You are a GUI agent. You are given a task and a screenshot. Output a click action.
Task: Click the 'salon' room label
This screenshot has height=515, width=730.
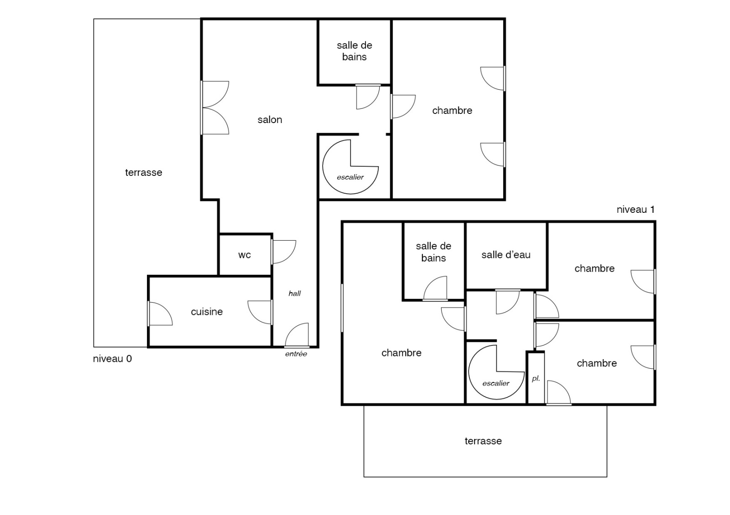pyautogui.click(x=270, y=120)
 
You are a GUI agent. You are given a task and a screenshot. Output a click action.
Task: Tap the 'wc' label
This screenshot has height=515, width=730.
pyautogui.click(x=245, y=255)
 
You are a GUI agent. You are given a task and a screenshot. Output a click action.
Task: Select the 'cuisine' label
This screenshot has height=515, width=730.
pyautogui.click(x=207, y=312)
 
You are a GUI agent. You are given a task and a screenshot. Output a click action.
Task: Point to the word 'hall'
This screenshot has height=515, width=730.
pyautogui.click(x=295, y=294)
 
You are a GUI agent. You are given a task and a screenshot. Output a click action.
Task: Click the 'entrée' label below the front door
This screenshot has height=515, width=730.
pyautogui.click(x=296, y=354)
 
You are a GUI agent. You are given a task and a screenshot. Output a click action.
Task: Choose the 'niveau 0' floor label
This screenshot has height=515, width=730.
pyautogui.click(x=112, y=359)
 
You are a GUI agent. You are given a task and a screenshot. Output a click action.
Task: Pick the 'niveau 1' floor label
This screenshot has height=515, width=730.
pyautogui.click(x=636, y=210)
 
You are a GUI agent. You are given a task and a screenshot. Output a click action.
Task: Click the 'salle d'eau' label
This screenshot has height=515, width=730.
pyautogui.click(x=506, y=255)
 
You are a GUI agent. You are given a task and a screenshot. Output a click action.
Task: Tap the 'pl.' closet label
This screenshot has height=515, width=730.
pyautogui.click(x=536, y=379)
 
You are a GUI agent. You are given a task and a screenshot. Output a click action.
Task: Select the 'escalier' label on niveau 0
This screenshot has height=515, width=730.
pyautogui.click(x=350, y=177)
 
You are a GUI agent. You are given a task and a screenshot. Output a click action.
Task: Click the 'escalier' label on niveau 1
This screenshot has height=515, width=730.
pyautogui.click(x=496, y=383)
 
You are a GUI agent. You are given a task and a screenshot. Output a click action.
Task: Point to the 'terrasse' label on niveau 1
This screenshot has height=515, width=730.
pyautogui.click(x=483, y=441)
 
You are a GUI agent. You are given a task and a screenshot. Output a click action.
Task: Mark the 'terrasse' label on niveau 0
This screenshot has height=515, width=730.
pyautogui.click(x=144, y=173)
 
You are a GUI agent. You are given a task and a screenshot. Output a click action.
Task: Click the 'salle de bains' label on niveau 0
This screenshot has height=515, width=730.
pyautogui.click(x=355, y=51)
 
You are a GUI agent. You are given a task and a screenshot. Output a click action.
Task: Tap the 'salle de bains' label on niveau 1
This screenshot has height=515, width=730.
pyautogui.click(x=433, y=252)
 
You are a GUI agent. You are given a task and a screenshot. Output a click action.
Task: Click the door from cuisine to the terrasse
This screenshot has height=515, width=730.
pyautogui.click(x=160, y=314)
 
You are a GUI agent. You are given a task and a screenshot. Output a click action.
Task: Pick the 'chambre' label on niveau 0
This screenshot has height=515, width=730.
pyautogui.click(x=452, y=111)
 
